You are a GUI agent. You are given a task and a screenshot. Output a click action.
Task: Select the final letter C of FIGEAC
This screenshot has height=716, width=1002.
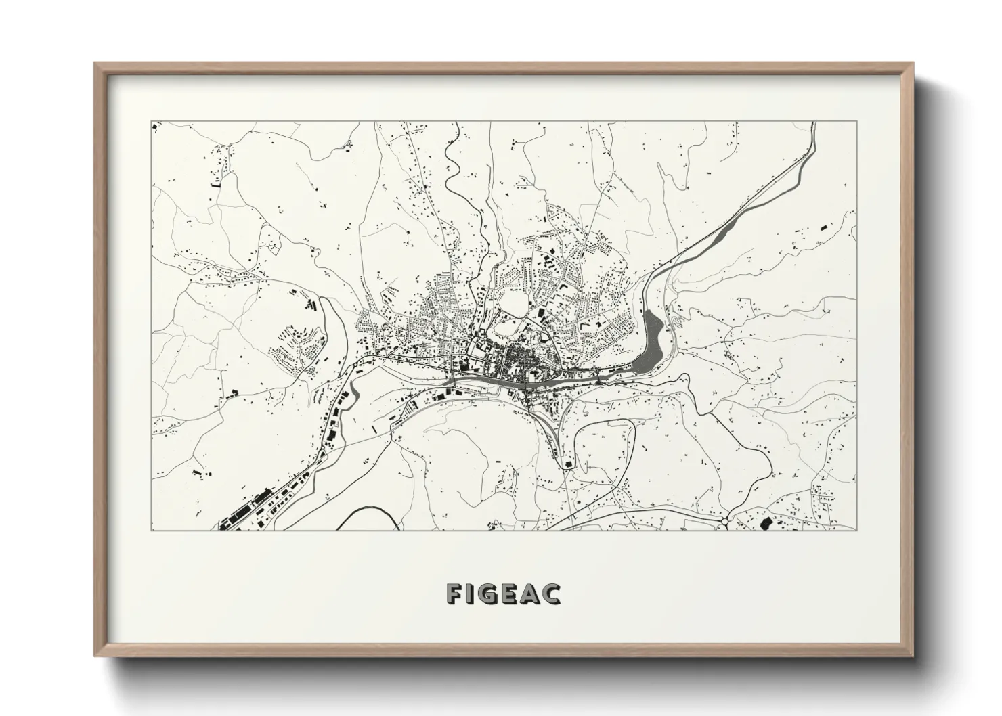552,594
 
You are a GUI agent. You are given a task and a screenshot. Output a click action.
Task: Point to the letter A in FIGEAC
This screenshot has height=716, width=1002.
532,594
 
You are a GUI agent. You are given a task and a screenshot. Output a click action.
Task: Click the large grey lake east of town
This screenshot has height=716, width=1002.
652,339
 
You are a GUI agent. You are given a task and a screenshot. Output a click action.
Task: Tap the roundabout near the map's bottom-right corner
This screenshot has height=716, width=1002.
724,521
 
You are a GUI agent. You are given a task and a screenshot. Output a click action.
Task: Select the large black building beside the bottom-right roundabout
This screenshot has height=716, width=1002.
767,523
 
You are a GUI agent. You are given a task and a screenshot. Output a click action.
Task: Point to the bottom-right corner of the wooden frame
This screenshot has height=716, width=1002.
912,655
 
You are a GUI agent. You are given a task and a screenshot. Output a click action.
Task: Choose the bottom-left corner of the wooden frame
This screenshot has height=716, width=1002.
95,655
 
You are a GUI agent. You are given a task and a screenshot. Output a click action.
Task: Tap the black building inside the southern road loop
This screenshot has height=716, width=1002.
567,464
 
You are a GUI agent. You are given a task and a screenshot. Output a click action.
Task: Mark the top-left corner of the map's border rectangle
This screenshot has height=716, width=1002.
151,122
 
